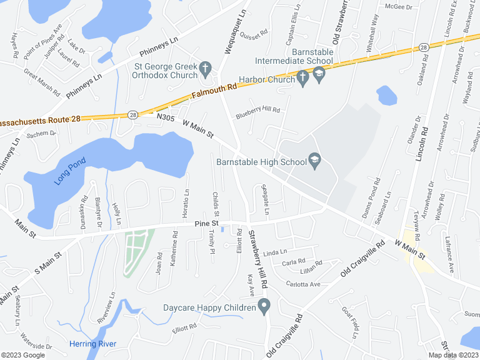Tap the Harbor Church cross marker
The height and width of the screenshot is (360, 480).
point(303,79)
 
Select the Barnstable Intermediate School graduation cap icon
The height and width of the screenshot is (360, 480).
point(319,76)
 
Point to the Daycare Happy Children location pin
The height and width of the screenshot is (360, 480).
point(264,307)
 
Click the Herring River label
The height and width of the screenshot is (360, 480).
point(93,344)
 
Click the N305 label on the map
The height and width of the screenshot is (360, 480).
point(166,117)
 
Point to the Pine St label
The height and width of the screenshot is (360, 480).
point(206,223)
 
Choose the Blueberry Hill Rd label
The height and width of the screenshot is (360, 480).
point(257,112)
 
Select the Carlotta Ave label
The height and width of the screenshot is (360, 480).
point(302,284)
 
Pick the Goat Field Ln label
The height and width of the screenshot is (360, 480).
point(350,322)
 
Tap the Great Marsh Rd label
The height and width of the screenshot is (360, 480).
point(42,82)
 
